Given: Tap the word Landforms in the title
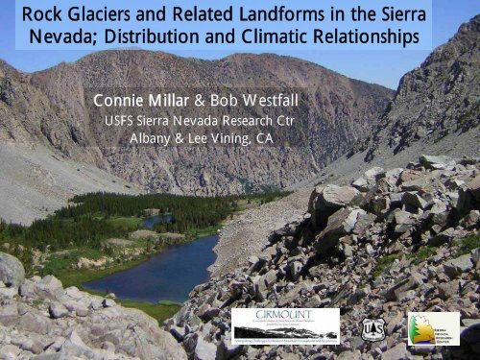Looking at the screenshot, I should pos(285,15).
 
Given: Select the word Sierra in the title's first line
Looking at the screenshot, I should pos(427,15).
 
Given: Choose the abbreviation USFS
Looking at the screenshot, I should pos(123,120).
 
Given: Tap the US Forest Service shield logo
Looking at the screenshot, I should pos(374,328).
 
